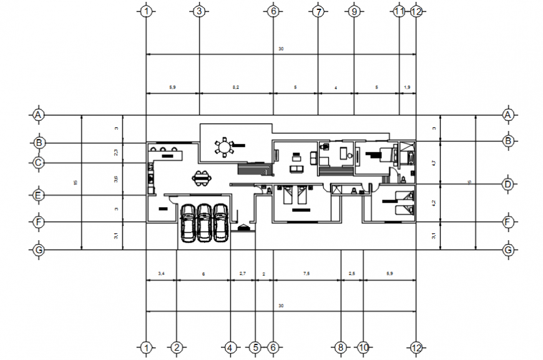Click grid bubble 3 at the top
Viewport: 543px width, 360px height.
[198, 11]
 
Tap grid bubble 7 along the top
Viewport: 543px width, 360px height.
[318, 11]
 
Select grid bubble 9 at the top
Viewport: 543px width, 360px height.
[354, 11]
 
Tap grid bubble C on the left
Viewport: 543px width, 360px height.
[39, 163]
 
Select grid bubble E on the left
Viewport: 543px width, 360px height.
[39, 195]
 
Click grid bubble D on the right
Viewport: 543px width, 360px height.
[508, 184]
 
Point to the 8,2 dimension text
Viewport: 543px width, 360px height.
[235, 88]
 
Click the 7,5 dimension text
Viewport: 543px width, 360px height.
[306, 274]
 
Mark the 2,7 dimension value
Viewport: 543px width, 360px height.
[243, 274]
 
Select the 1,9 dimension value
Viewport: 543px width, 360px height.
[408, 88]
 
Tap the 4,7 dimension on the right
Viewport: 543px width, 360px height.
[434, 163]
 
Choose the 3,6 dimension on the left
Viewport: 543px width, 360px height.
[116, 179]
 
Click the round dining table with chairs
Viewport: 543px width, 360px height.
[223, 147]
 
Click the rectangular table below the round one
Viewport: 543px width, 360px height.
[202, 179]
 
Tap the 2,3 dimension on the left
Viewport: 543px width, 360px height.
[116, 153]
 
